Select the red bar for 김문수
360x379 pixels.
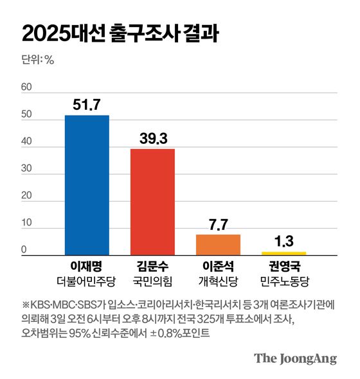pos(152,202)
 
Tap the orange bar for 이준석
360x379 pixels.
pos(218,245)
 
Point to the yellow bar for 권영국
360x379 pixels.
pos(283,253)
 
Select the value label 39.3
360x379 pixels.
pos(152,138)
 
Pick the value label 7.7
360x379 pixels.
pos(218,224)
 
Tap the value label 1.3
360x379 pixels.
pos(283,242)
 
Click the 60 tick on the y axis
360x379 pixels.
pos(27,87)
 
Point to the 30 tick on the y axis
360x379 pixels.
pos(27,169)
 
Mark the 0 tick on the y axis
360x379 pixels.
pos(24,251)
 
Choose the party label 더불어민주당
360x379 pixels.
pos(87,281)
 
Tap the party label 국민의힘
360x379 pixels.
pos(152,281)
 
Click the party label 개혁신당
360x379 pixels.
pos(218,281)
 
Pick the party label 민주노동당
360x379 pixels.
pos(283,281)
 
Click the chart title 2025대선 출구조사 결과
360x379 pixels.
pos(119,33)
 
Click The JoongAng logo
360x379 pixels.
pos(295,358)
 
